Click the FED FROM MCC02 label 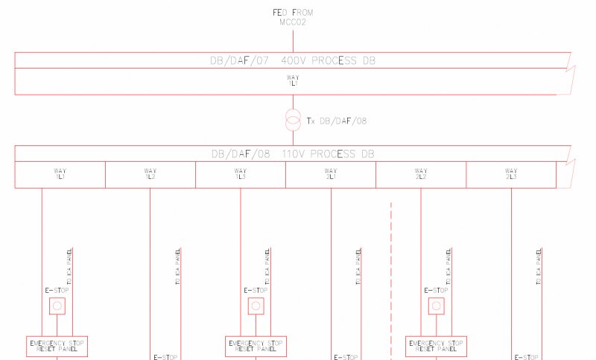293,16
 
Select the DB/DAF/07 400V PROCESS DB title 293,60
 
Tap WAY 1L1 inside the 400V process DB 293,80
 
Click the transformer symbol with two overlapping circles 293,119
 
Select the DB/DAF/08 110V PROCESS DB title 293,154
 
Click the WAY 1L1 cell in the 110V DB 60,174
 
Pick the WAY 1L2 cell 150,174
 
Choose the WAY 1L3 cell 240,174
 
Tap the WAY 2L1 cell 330,174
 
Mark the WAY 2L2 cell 420,174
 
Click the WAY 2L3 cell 511,174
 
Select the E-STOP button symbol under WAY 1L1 57,306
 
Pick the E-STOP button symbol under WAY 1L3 256,306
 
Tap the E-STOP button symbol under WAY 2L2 436,306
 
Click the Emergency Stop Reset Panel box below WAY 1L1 57,346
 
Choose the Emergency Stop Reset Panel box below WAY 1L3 256,346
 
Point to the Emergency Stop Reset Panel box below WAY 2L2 436,346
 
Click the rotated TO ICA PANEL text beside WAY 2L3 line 539,267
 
